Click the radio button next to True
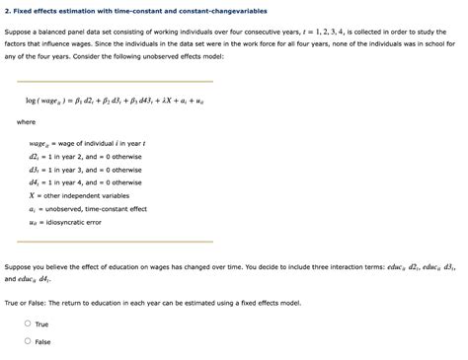(28, 324)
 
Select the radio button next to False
(28, 341)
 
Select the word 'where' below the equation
(26, 122)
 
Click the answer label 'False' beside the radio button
(43, 341)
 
